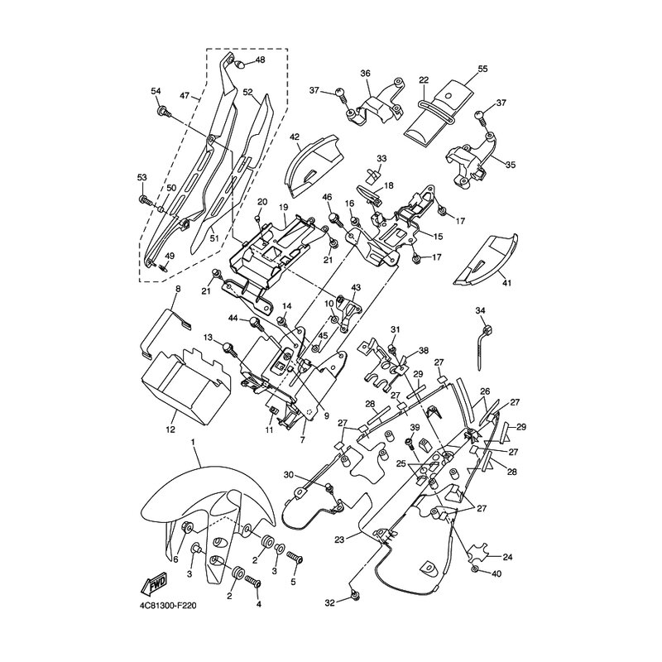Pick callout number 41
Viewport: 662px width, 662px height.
[x=506, y=282]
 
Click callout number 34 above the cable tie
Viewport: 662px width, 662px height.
[x=479, y=310]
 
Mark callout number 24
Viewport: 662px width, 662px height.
[x=507, y=557]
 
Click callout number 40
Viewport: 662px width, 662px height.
[x=496, y=573]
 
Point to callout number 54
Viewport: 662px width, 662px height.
[x=156, y=90]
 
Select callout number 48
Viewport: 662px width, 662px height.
[x=260, y=60]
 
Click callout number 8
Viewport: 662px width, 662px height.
[x=177, y=289]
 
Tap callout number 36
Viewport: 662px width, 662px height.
[x=365, y=73]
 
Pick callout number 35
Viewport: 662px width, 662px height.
[x=510, y=165]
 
